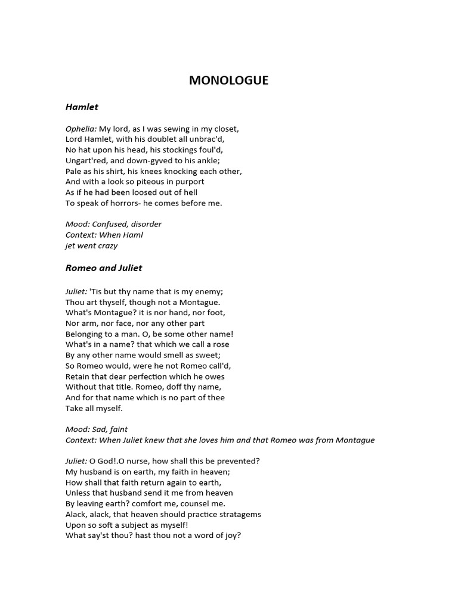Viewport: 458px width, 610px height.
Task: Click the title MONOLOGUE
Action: tap(228, 80)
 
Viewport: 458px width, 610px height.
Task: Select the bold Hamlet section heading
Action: tap(82, 107)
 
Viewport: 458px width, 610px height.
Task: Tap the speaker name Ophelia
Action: tap(81, 129)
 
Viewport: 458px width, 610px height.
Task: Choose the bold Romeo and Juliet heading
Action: tap(104, 268)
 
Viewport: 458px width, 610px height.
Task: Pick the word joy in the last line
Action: tap(231, 536)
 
